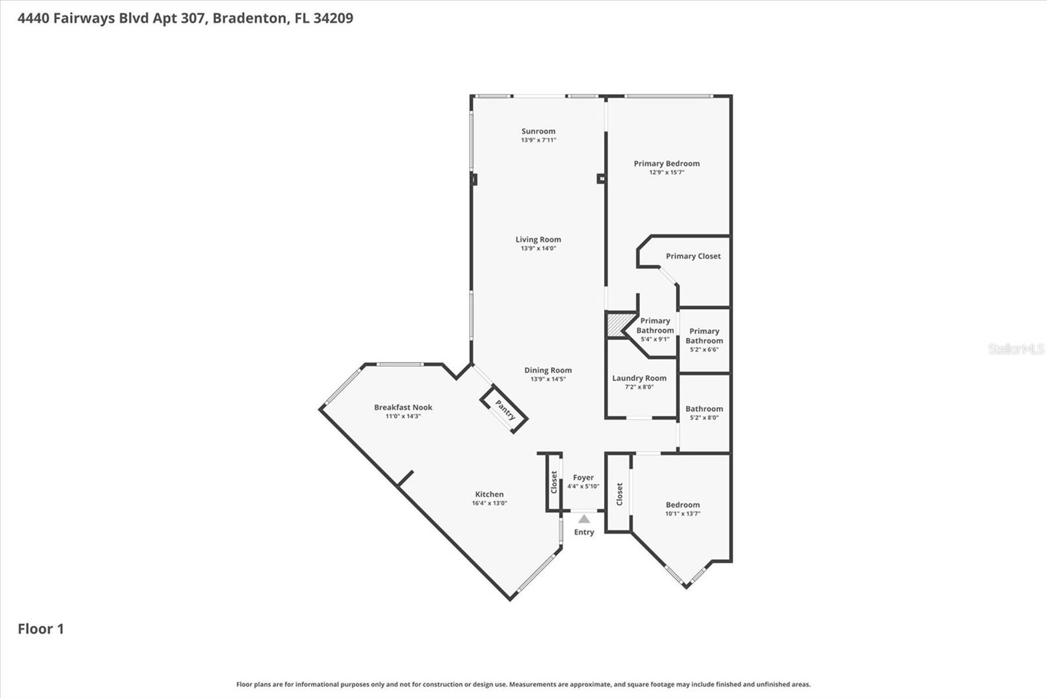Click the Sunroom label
click(x=538, y=131)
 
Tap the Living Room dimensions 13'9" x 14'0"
click(x=538, y=248)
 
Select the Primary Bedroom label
click(x=666, y=164)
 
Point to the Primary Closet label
click(x=693, y=256)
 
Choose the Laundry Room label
click(x=639, y=378)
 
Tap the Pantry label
click(x=505, y=410)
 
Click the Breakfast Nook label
click(x=403, y=407)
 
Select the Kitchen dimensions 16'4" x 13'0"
click(x=489, y=504)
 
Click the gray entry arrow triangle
click(x=584, y=519)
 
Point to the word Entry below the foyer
click(x=584, y=532)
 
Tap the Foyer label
click(x=583, y=478)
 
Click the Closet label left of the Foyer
click(x=554, y=482)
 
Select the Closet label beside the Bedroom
click(x=619, y=494)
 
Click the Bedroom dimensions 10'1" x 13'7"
click(x=683, y=514)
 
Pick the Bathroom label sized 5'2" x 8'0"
click(x=704, y=409)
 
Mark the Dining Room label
click(x=548, y=370)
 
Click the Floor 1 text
click(x=41, y=629)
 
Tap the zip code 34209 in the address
click(x=333, y=18)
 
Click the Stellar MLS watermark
click(x=1016, y=349)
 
